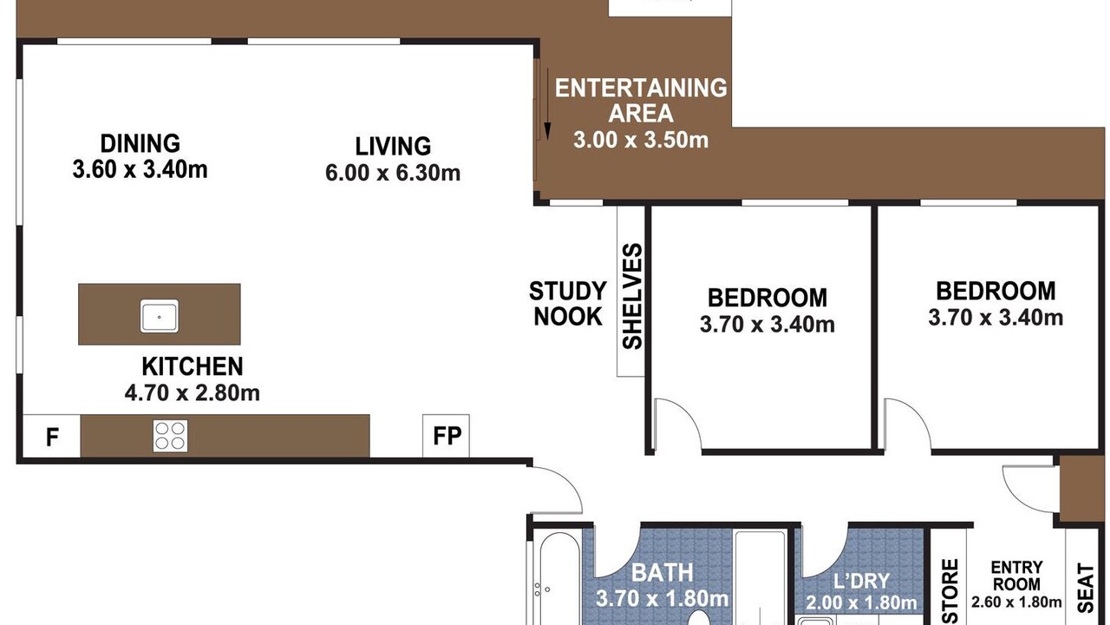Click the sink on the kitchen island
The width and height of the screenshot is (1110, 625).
(x=159, y=316)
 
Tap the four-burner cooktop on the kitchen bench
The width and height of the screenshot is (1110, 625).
(x=170, y=436)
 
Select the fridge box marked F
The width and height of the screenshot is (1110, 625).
(x=51, y=436)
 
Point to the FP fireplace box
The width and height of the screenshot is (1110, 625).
(x=446, y=436)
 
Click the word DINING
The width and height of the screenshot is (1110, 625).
(x=140, y=144)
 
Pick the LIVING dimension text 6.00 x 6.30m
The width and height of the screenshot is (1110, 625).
(x=393, y=173)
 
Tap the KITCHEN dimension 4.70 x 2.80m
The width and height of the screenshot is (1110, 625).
(x=193, y=393)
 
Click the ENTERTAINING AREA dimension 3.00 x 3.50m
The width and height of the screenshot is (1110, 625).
(x=641, y=140)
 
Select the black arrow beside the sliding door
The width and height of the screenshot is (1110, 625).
(x=547, y=104)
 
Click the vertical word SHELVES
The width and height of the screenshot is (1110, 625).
(x=632, y=296)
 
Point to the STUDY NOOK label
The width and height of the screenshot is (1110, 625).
(x=568, y=304)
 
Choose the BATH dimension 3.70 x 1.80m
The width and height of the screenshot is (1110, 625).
(x=662, y=599)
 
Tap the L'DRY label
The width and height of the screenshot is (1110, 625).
(x=861, y=581)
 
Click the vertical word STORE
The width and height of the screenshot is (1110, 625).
(x=950, y=591)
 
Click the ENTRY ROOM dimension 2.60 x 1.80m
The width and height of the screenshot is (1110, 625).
(x=1016, y=602)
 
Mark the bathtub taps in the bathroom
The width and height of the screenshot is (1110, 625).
(x=541, y=589)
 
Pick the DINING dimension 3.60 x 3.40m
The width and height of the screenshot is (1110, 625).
(x=140, y=169)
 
